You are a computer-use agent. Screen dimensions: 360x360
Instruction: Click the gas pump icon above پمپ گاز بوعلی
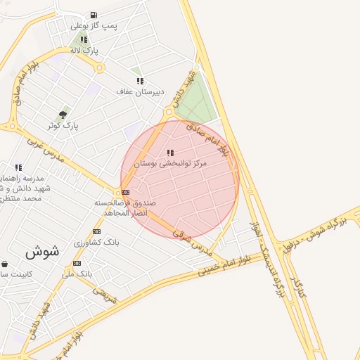coord(94,15)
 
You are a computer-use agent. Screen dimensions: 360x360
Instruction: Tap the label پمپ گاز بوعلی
coord(94,26)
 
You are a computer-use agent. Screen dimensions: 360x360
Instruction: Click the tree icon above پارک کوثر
coord(63,115)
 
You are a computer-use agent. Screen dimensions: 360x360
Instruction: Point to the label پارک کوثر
coord(63,125)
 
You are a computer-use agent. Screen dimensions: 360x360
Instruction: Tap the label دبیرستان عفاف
coord(140,91)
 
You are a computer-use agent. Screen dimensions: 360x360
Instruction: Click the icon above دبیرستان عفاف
coord(140,81)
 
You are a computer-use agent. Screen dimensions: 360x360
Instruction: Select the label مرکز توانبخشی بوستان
coord(171,163)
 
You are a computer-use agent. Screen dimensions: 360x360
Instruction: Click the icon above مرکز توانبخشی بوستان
coord(170,153)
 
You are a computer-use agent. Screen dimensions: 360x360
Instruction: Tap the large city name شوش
coord(42,250)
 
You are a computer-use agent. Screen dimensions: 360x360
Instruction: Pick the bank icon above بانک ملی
coord(77,263)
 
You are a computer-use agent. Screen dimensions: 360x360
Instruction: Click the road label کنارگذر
coord(298,280)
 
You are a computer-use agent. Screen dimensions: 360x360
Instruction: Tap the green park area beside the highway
coord(198,103)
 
